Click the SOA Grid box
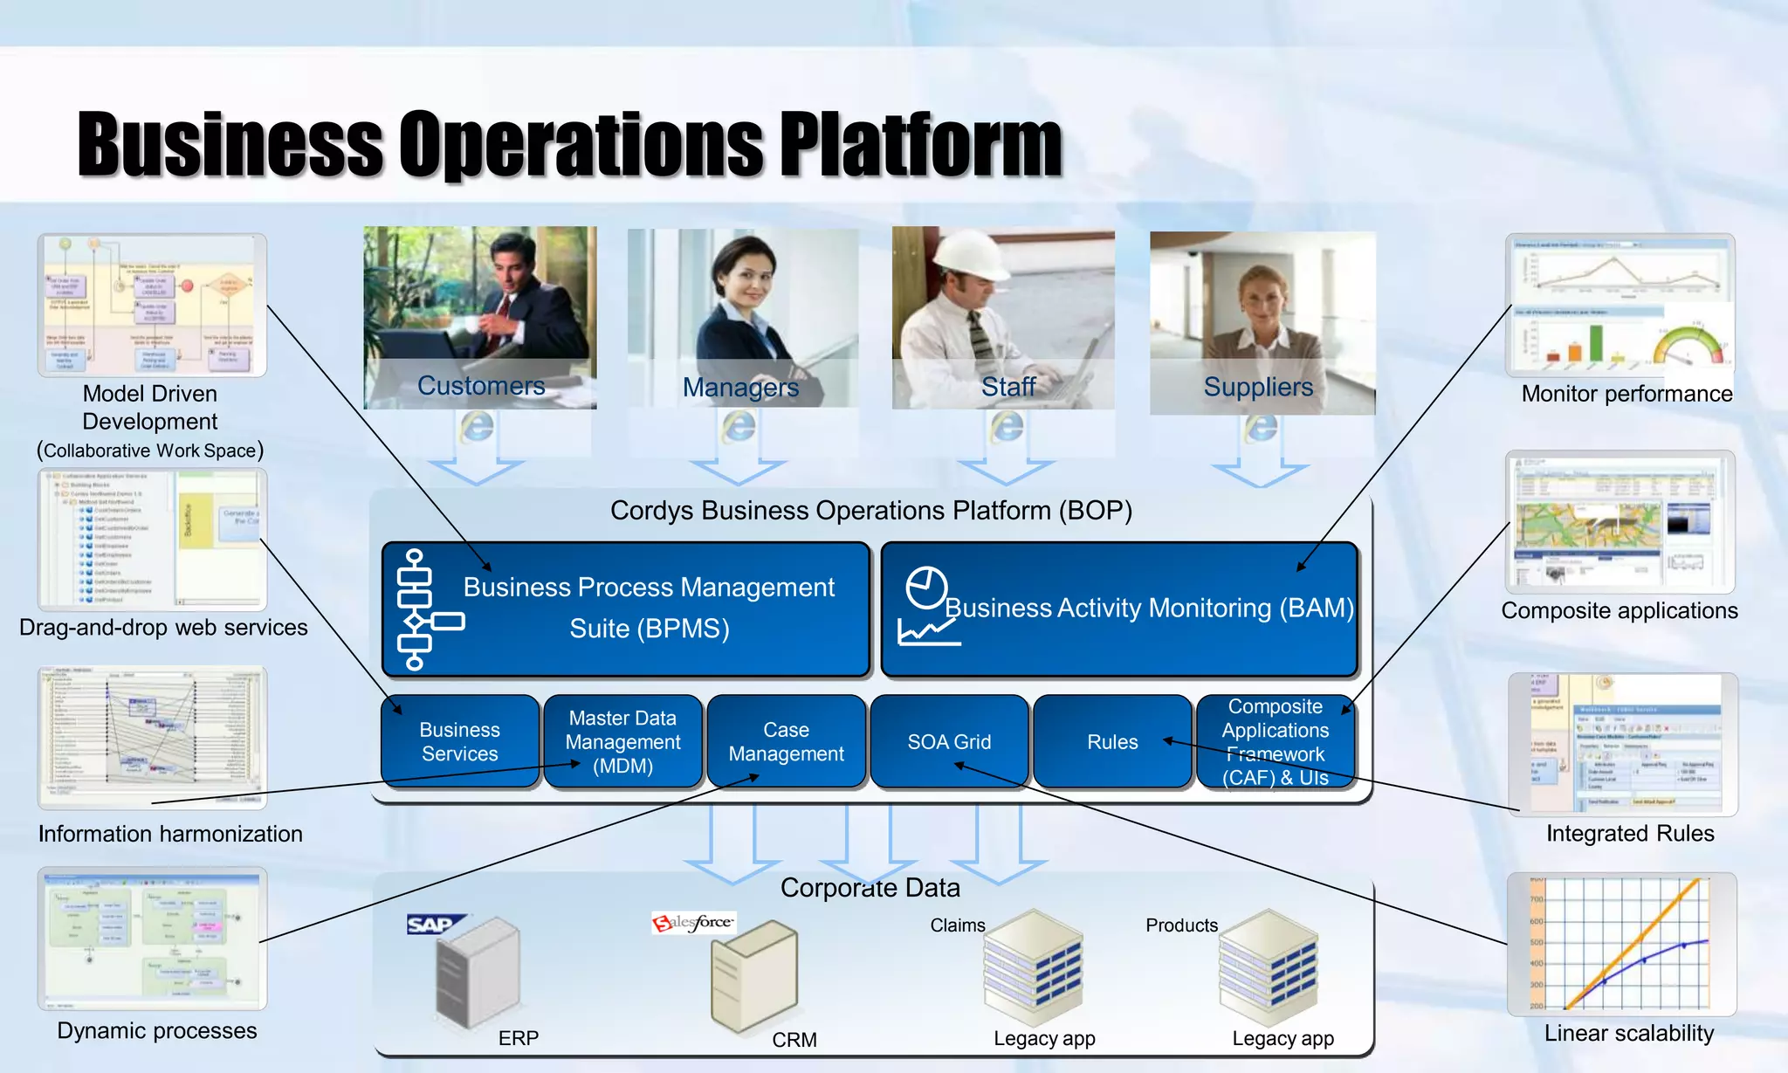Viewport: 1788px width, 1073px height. coord(949,741)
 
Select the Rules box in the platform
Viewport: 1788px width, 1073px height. coord(1111,741)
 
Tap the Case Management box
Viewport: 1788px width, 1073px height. coord(786,741)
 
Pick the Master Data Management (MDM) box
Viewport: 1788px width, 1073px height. coord(622,741)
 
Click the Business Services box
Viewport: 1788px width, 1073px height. coord(459,741)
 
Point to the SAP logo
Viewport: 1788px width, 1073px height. coord(431,924)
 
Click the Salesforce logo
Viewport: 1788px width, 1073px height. coord(694,923)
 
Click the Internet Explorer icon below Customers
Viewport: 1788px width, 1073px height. coord(477,427)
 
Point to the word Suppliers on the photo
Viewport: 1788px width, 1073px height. coord(1258,387)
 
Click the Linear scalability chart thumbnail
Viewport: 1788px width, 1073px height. coord(1621,944)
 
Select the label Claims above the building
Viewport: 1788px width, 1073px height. coord(957,925)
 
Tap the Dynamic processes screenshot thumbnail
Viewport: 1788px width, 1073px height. coord(153,938)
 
